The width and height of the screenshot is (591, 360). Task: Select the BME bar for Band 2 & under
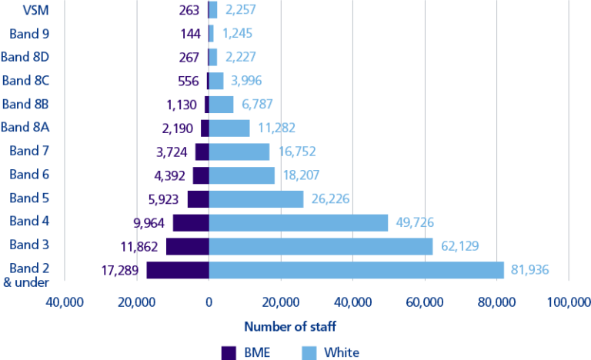[178, 270]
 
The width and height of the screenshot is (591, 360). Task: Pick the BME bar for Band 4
[191, 222]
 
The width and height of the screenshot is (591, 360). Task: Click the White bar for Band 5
[256, 198]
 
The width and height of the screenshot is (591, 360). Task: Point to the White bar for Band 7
[239, 152]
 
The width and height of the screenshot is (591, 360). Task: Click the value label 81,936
[528, 270]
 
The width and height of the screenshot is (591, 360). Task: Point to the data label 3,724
[172, 152]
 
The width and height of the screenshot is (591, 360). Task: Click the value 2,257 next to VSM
[240, 9]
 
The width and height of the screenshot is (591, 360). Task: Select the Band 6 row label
[30, 175]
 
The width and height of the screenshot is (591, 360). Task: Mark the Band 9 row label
[30, 33]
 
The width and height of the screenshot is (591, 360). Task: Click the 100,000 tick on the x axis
[568, 302]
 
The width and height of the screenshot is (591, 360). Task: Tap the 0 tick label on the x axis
[209, 302]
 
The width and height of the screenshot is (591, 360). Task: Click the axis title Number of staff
[290, 326]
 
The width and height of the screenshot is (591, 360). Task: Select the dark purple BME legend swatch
[229, 352]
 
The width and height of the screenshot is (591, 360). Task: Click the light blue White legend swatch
[307, 352]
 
